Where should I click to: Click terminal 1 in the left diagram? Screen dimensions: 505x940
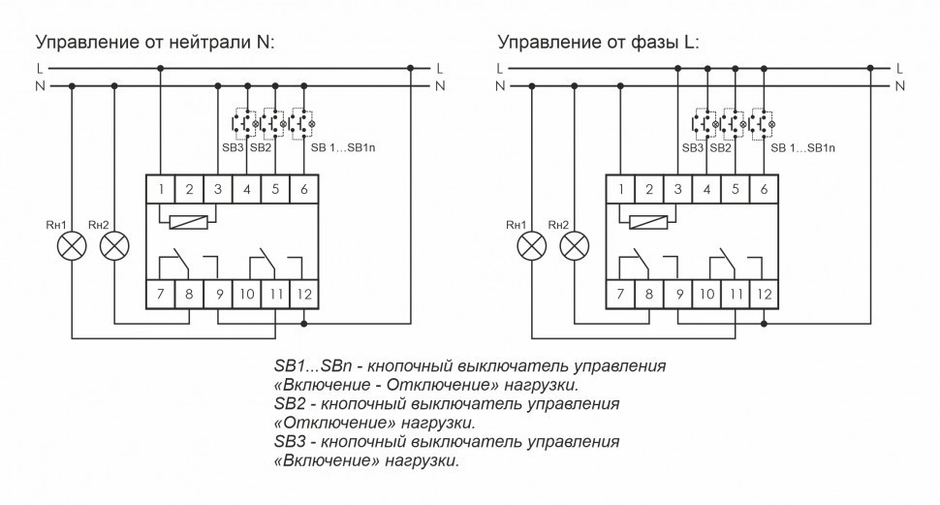pyautogui.click(x=161, y=190)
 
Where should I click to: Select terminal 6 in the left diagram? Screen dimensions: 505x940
pyautogui.click(x=304, y=190)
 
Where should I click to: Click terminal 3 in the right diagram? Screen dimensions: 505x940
pyautogui.click(x=678, y=190)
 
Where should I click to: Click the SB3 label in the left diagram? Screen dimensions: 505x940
pyautogui.click(x=234, y=148)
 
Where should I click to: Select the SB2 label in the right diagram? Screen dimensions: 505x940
pyautogui.click(x=720, y=148)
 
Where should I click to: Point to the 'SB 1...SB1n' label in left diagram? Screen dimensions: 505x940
pyautogui.click(x=342, y=148)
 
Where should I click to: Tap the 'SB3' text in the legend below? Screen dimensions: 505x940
pyautogui.click(x=291, y=442)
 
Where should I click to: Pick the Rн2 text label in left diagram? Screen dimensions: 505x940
pyautogui.click(x=98, y=225)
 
